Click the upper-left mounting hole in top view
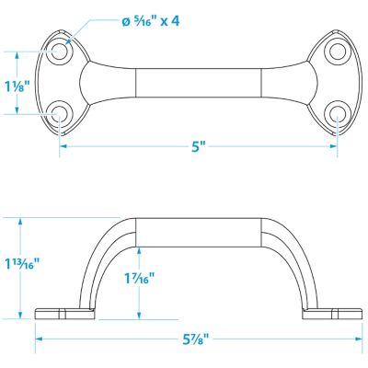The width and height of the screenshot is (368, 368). [x=61, y=52]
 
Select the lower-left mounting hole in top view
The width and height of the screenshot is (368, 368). [x=61, y=114]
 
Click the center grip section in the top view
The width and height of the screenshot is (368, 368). [x=199, y=83]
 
